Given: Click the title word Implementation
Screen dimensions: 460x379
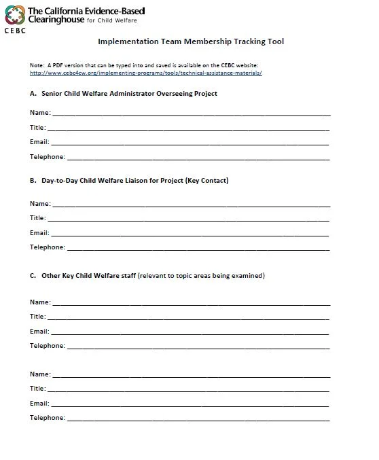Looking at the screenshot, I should point(124,41).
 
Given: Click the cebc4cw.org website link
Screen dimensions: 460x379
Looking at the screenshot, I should point(146,72).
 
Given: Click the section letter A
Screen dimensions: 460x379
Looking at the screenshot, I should point(33,93).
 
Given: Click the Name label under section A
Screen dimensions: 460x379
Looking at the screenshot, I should point(39,113).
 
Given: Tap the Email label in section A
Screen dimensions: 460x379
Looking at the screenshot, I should point(39,142).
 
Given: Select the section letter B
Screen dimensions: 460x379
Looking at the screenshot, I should point(33,181).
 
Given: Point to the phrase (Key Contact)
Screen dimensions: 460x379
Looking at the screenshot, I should point(206,181).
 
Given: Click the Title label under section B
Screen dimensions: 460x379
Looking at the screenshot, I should point(37,218).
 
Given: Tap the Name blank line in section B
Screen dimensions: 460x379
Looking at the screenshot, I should point(190,205).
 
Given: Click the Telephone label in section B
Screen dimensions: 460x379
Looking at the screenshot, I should point(47,247).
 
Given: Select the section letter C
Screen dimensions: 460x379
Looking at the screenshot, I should point(33,276).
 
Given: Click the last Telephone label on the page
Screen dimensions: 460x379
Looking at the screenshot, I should point(47,418).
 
